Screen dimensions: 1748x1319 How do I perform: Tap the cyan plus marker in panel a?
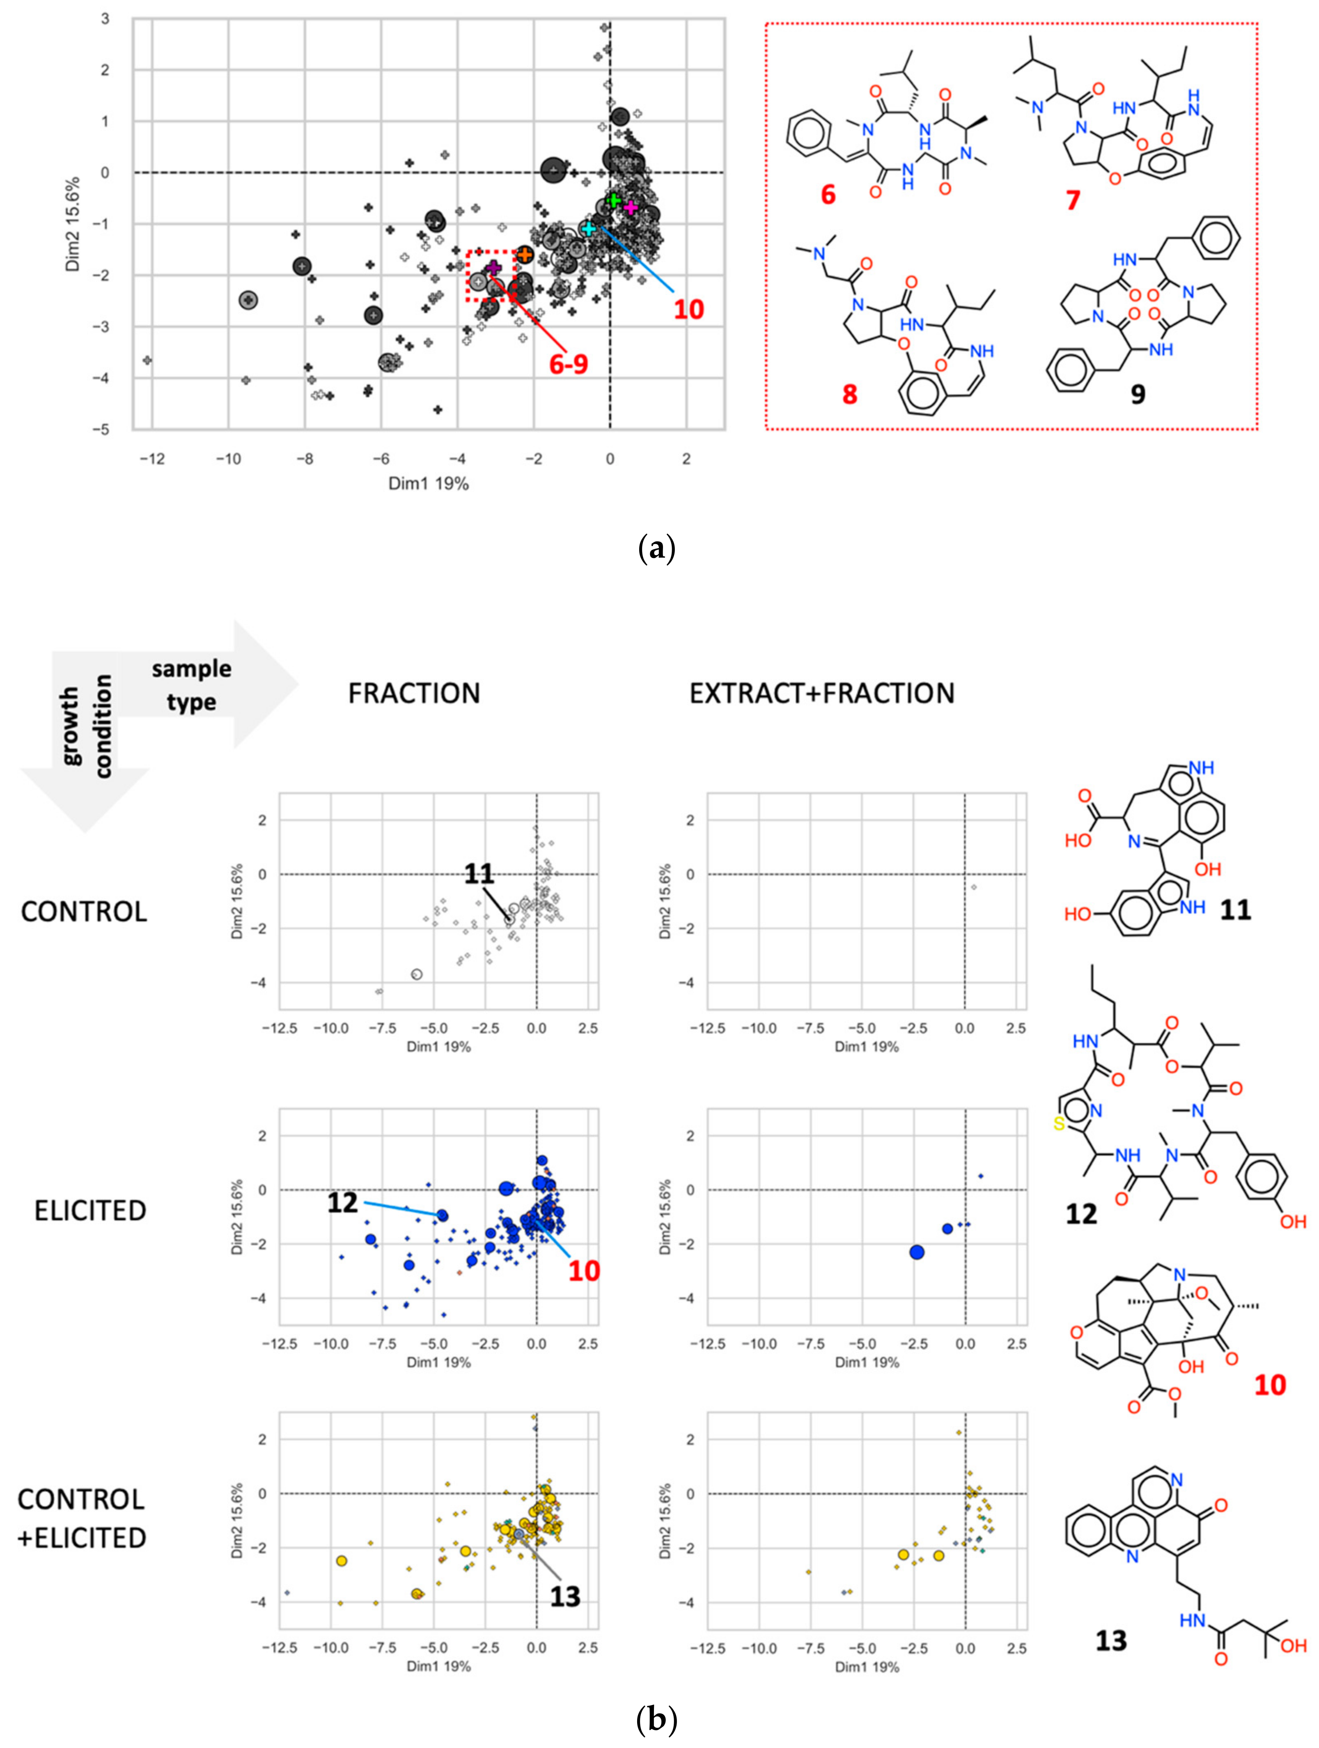pyautogui.click(x=588, y=228)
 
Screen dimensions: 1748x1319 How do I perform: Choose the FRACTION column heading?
pyautogui.click(x=414, y=693)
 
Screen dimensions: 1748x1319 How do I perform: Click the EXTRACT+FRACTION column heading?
pyautogui.click(x=821, y=693)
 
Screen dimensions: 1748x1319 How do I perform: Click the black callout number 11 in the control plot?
pyautogui.click(x=479, y=873)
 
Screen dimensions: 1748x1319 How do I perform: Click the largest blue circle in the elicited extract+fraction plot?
pyautogui.click(x=916, y=1252)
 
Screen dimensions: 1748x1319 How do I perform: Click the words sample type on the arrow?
pyautogui.click(x=191, y=685)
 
